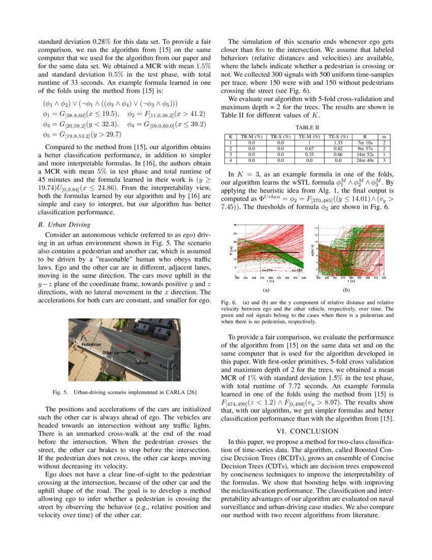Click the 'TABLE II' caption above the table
(x=308, y=127)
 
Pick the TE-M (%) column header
(x=309, y=137)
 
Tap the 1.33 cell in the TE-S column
(x=338, y=143)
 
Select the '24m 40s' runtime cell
(x=365, y=160)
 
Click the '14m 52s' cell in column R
(x=365, y=154)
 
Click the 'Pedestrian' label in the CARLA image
(x=91, y=345)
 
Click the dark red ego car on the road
(x=147, y=354)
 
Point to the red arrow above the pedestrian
(x=88, y=334)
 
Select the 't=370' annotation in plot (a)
(x=267, y=270)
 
